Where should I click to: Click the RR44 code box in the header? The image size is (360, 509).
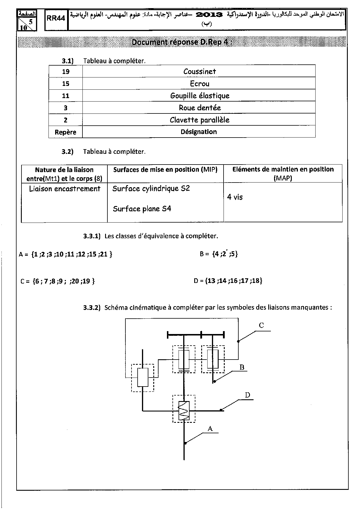point(56,18)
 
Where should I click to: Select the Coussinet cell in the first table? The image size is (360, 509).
point(199,71)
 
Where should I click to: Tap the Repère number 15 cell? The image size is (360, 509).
point(66,84)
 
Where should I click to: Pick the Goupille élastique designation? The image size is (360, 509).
point(199,96)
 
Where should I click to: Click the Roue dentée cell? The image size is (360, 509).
point(199,108)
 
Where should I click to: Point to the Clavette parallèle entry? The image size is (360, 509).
point(199,120)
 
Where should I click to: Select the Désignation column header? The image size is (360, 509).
point(199,132)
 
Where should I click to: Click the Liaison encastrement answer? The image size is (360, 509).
point(65,189)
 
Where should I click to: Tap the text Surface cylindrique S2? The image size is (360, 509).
point(151,189)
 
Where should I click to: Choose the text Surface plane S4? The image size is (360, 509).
point(142,209)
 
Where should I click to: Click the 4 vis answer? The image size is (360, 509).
point(235,197)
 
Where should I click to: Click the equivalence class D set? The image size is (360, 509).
point(233,281)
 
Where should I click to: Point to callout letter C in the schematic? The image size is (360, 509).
point(261,325)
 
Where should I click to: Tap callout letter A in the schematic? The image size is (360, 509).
point(210,428)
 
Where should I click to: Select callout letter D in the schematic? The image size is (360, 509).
point(247,395)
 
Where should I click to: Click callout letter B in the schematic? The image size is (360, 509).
point(242,367)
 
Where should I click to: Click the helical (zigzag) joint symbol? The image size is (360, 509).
point(184,411)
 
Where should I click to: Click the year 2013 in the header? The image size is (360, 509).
point(209,15)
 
